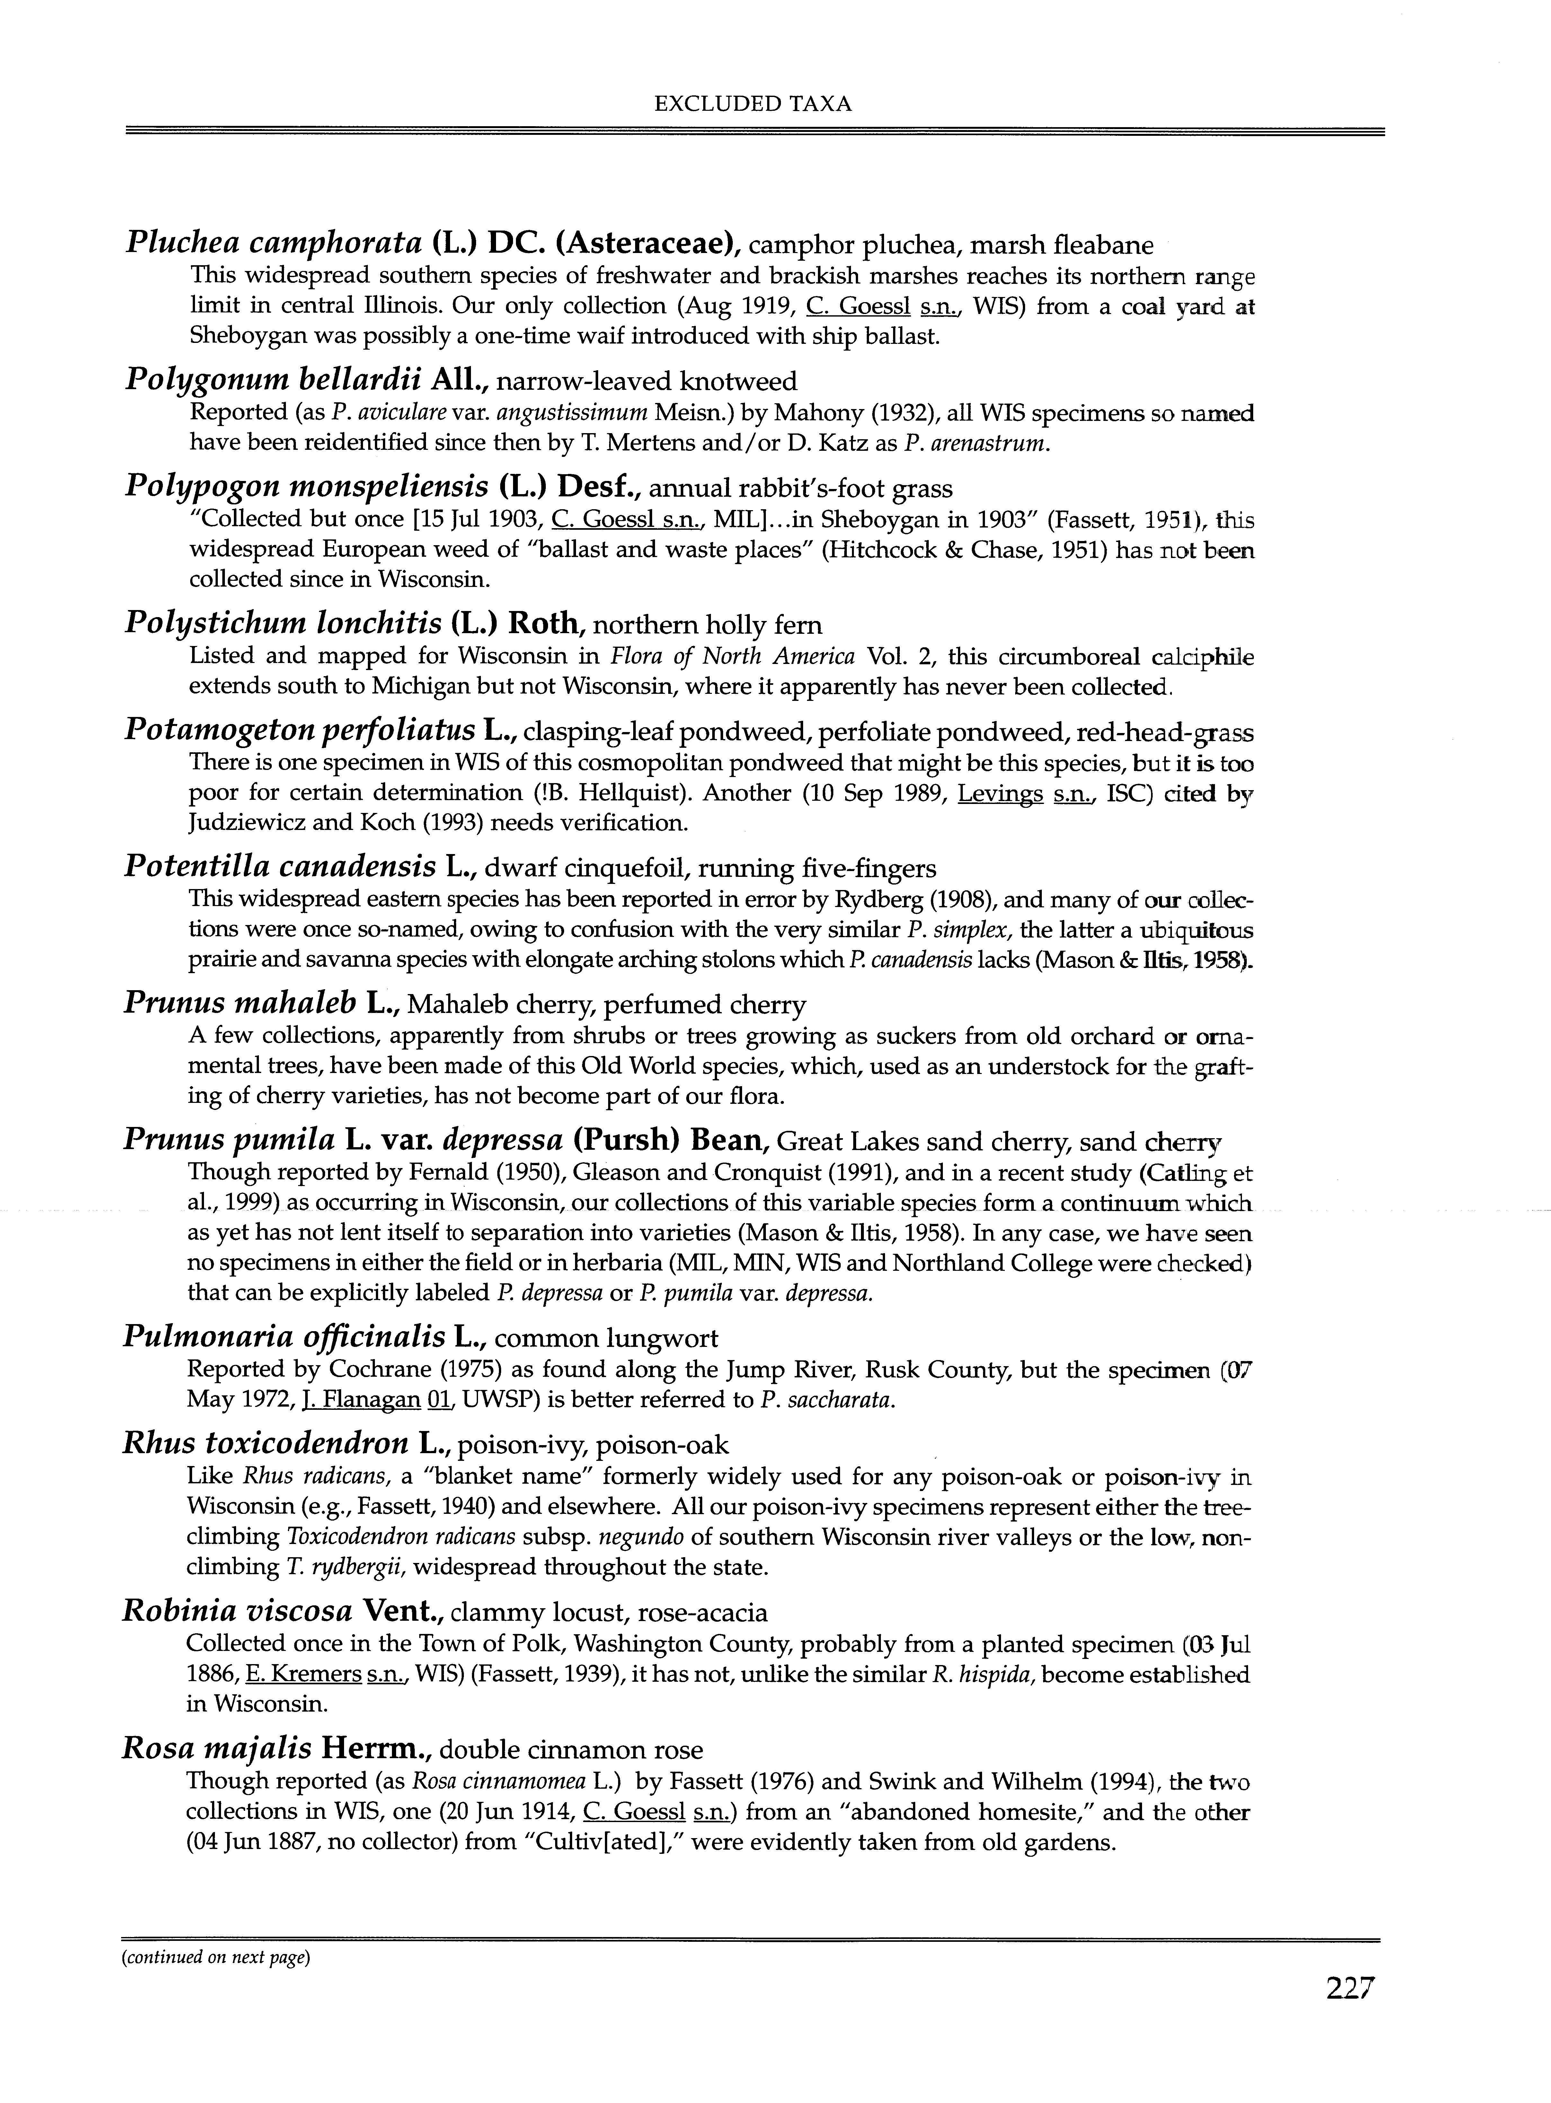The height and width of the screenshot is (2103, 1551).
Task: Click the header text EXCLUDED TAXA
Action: [753, 104]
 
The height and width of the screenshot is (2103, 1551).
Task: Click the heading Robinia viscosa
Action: [237, 1612]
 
